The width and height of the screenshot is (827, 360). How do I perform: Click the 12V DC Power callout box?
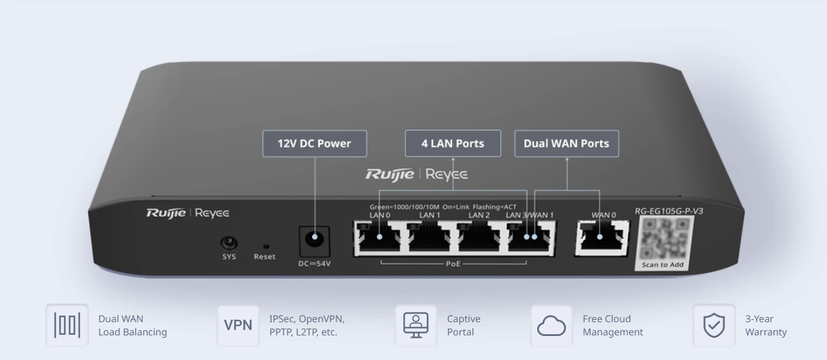click(314, 144)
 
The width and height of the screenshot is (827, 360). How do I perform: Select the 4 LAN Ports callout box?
click(453, 143)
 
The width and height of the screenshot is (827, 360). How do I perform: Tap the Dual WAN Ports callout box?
click(566, 143)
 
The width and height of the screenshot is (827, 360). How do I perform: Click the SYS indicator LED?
click(229, 243)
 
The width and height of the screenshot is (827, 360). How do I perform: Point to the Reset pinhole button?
click(265, 246)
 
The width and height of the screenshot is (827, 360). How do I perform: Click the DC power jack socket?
click(314, 240)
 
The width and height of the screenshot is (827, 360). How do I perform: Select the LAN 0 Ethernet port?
click(379, 237)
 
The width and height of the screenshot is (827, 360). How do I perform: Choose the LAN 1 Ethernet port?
click(430, 237)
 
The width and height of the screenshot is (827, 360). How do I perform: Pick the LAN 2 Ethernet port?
click(480, 237)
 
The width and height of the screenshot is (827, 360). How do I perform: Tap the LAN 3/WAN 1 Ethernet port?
click(531, 237)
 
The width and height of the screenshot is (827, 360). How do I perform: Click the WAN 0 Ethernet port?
click(601, 237)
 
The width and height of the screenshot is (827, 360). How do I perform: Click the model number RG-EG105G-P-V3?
click(669, 211)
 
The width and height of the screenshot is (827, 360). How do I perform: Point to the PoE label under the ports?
click(453, 263)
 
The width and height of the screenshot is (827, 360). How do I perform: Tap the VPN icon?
click(238, 325)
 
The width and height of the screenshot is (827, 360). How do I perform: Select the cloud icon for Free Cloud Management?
click(551, 325)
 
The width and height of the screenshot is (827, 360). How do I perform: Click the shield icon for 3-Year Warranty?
click(714, 325)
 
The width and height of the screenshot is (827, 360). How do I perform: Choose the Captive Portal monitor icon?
click(415, 325)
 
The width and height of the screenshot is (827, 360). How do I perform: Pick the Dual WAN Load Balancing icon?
click(67, 325)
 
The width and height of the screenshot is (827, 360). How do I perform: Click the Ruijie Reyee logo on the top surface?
click(417, 175)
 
